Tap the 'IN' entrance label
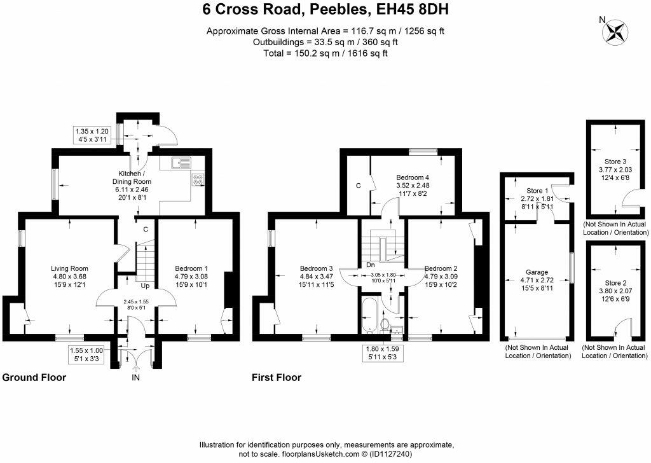(135, 378)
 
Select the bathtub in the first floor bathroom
(368, 315)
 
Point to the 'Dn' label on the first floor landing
(369, 265)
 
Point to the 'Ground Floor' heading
(34, 378)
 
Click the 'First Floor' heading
(277, 378)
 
